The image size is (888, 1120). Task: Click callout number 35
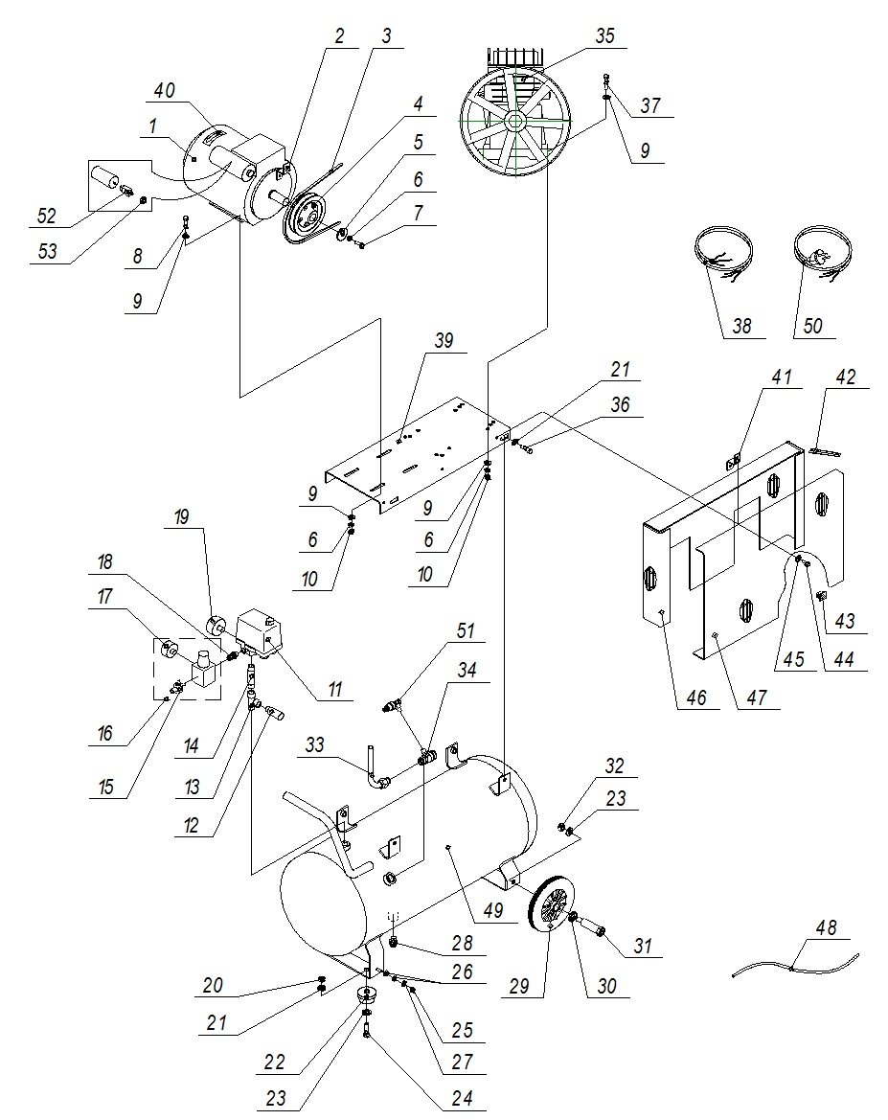[x=604, y=37]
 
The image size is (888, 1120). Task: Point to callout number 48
[x=828, y=928]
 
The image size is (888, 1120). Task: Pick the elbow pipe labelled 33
[x=377, y=775]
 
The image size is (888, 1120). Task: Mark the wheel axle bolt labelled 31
[x=590, y=929]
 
